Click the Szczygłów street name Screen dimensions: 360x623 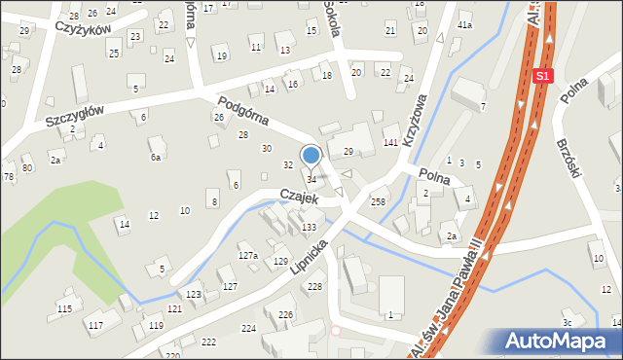point(74,117)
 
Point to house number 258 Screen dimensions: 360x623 point(378,201)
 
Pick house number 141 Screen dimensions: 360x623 point(389,143)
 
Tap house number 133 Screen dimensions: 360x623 point(309,227)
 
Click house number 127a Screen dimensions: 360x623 point(248,255)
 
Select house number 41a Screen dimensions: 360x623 point(464,24)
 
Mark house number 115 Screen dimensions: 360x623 point(64,308)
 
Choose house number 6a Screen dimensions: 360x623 point(155,157)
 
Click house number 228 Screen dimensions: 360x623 point(314,285)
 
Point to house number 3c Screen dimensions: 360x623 point(567,322)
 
